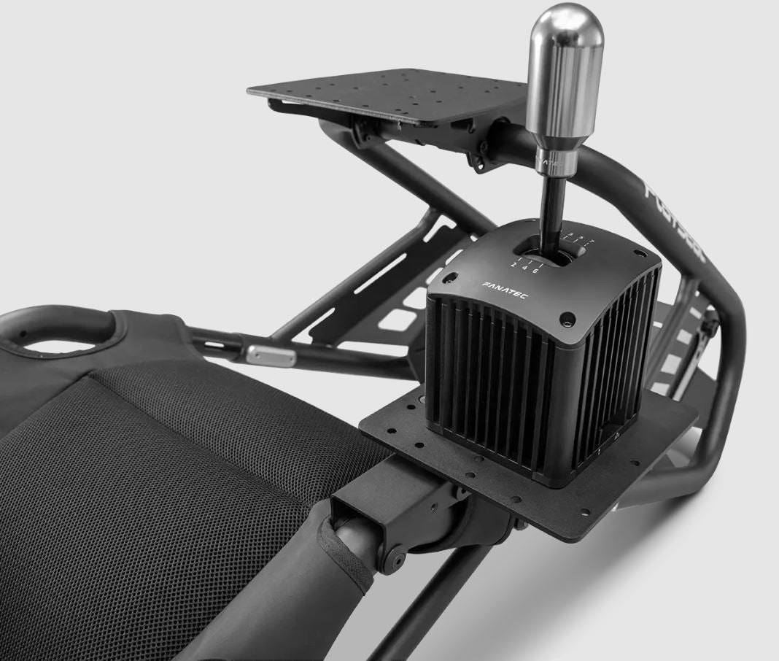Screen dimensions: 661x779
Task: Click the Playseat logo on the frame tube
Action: (675, 219)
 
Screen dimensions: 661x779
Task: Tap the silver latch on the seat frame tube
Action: (271, 355)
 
